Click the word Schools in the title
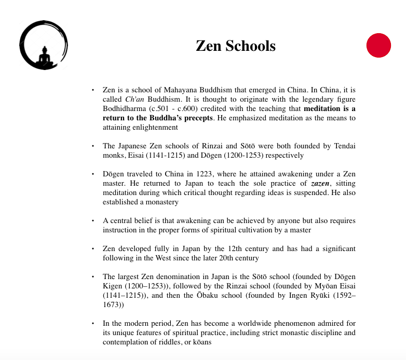(251, 46)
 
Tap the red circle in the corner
(378, 45)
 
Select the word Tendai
(344, 146)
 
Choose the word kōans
(201, 342)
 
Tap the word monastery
(160, 202)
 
